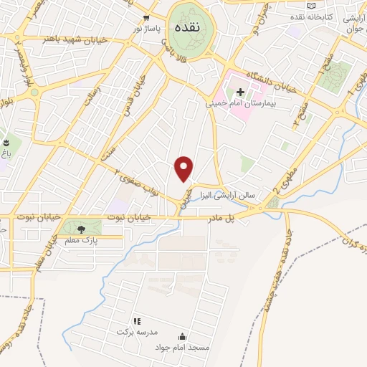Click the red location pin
click(x=185, y=168)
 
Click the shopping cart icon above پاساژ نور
click(x=146, y=18)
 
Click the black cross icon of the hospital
click(x=240, y=92)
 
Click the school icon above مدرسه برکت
click(x=137, y=321)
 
